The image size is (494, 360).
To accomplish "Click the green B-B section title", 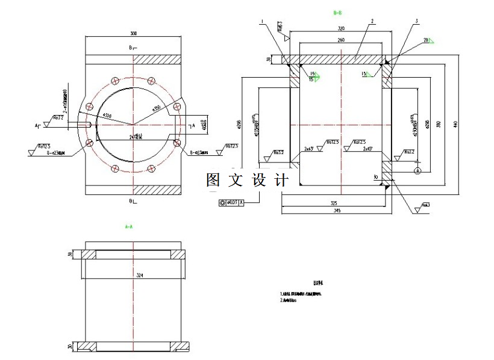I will (337, 12).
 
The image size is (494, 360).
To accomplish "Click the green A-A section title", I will (128, 227).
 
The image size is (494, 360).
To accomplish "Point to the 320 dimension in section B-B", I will (341, 28).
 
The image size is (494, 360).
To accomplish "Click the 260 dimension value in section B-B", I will (341, 40).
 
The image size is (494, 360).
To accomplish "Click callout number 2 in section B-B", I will (372, 21).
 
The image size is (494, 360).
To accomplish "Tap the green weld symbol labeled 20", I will (427, 40).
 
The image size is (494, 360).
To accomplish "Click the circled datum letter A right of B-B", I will (416, 171).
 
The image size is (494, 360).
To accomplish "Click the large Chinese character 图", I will (213, 180).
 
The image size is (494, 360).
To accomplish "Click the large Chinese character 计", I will (281, 180).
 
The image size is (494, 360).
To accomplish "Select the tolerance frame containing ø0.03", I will (232, 203).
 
